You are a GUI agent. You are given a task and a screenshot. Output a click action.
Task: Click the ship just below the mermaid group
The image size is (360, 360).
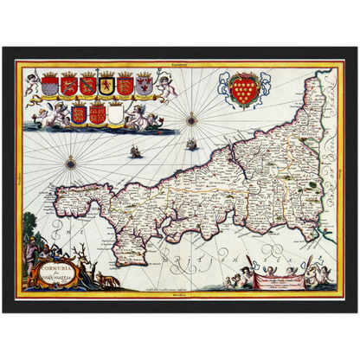[134, 152]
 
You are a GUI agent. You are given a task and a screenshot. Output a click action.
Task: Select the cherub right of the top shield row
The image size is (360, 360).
[166, 84]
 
